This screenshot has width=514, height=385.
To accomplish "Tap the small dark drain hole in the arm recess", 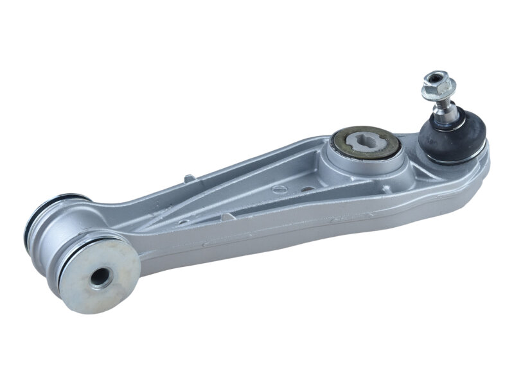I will pyautogui.click(x=307, y=190).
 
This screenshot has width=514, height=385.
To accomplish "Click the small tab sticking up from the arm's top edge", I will pyautogui.click(x=188, y=177).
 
